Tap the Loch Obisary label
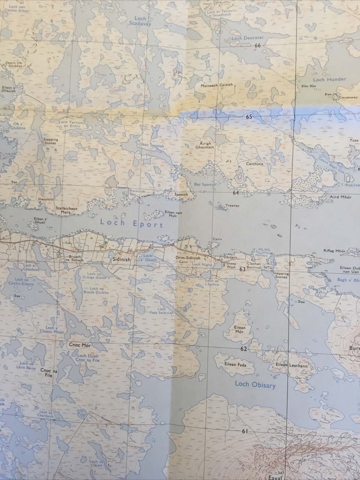255,384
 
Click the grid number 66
257,46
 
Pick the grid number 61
245,431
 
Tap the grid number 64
236,193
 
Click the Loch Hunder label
329,79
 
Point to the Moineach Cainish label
217,85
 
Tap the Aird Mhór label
339,197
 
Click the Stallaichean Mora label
67,210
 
